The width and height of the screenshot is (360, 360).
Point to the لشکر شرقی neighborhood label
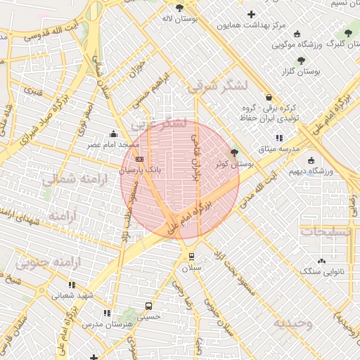pos(218,86)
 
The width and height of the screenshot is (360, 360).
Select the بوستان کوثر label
pos(236,164)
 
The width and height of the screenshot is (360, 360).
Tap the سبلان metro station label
pos(191,268)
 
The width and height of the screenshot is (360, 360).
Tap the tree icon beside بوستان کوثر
pos(234,152)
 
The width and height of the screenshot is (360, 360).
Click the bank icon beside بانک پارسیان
pos(139,159)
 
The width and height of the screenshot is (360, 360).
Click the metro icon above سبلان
pos(191,257)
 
